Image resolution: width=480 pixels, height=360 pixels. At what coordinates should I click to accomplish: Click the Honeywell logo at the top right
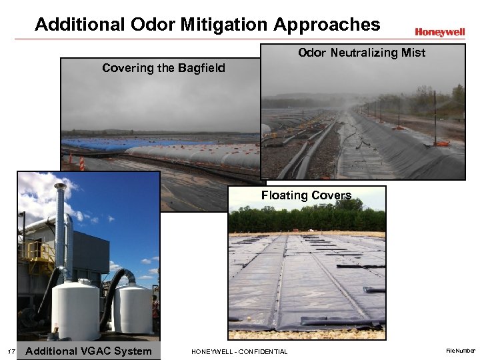point(439,32)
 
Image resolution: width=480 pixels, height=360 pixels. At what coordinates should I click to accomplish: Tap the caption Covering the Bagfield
point(163,68)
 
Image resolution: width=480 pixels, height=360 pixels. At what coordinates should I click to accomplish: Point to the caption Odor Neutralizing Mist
point(361,53)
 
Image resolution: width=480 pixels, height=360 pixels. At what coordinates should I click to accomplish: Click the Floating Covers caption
point(306,195)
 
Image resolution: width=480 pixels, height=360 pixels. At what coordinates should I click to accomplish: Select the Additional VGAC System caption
point(89,351)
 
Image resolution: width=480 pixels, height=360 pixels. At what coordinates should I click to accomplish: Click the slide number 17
point(11,351)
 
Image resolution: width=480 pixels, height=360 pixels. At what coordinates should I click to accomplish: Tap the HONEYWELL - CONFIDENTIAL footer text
point(239,351)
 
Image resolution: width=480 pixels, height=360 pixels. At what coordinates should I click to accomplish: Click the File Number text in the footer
point(461,350)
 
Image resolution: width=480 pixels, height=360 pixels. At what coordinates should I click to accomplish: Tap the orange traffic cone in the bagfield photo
point(82,163)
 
